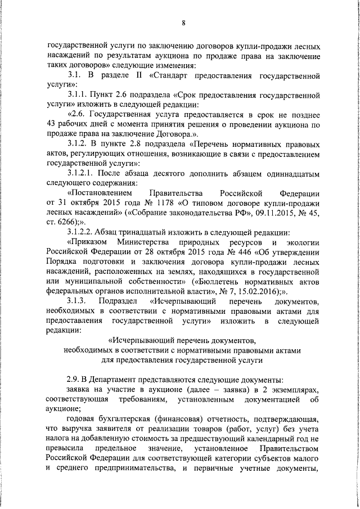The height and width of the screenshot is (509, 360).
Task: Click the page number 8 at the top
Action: tap(183, 22)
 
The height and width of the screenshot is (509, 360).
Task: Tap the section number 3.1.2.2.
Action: tap(82, 232)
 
